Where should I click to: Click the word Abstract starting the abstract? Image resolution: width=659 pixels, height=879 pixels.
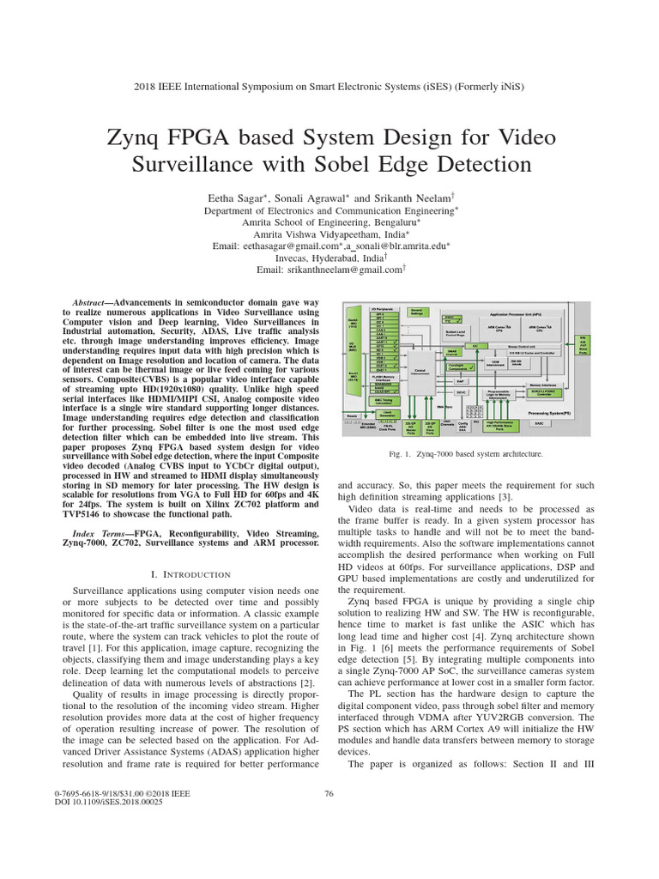(89, 304)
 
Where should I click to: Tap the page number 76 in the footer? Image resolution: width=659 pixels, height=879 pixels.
(329, 793)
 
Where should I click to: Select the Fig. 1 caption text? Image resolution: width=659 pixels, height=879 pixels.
(464, 453)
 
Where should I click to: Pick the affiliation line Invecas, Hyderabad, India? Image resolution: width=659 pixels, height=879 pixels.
(329, 258)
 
